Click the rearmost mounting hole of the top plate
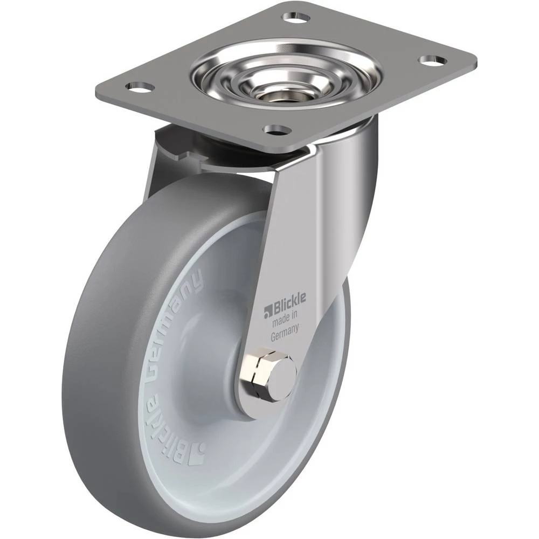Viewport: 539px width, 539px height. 296,17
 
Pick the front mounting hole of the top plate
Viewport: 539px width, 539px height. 277,130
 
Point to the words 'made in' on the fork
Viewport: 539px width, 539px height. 285,319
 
